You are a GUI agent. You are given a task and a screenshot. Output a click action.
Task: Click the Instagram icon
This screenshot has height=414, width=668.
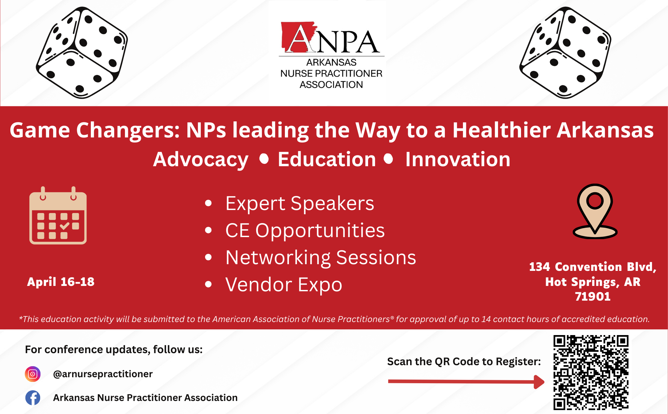coord(32,374)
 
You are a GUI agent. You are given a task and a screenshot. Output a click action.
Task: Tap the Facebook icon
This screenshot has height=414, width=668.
coord(33,398)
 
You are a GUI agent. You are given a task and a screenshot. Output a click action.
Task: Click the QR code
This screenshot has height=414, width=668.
coord(591,373)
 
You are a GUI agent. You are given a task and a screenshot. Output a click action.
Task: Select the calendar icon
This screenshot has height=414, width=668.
coord(58,215)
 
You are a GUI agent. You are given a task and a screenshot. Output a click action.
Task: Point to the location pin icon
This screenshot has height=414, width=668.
coord(595,211)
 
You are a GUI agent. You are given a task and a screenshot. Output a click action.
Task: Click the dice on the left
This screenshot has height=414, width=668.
coord(82,53)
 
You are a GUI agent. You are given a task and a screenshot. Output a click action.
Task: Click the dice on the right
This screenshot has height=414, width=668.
coord(565,53)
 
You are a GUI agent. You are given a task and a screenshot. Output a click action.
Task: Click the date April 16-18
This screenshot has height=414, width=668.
coord(61,282)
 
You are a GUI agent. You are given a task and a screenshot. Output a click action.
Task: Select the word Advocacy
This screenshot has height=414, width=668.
coord(201,160)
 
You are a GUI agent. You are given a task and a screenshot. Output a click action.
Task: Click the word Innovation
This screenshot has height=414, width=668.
coord(458,159)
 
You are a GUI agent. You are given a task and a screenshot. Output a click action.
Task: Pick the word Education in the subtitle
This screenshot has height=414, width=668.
coord(327,159)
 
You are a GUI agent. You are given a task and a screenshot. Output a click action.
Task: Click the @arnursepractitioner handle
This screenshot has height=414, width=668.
coord(103,374)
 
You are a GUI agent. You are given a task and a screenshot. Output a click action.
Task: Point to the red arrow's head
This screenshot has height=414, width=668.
coord(539,382)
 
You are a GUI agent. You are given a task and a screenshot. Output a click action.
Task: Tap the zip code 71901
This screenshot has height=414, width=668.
coord(593,297)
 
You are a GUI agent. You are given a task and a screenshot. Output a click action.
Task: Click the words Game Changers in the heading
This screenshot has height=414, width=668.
coord(95,130)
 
